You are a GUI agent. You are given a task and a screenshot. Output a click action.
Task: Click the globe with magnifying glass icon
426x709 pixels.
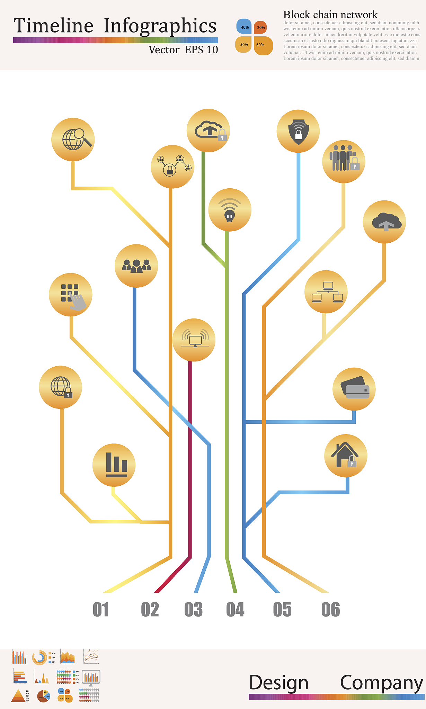tap(73, 140)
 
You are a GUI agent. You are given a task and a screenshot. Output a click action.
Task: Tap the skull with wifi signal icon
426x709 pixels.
tap(230, 210)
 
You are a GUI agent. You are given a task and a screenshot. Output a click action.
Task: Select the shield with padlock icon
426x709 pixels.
tap(298, 131)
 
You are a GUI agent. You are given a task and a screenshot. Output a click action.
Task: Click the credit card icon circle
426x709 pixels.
tap(354, 389)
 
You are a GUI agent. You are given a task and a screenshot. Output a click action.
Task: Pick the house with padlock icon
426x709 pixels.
tap(346, 456)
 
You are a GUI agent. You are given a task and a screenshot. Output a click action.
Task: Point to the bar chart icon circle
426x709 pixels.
tap(114, 465)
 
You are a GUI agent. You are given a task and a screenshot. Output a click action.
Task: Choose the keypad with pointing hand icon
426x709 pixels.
tap(71, 295)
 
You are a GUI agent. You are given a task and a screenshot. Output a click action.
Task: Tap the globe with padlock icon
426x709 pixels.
tap(61, 387)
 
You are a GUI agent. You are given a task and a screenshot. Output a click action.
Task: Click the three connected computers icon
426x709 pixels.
tap(326, 291)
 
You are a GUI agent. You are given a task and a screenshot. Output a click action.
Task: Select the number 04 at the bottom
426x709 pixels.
tap(235, 610)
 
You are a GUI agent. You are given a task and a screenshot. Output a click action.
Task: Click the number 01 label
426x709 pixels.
tap(101, 610)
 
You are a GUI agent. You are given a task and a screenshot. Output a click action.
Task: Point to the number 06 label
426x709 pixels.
tap(330, 610)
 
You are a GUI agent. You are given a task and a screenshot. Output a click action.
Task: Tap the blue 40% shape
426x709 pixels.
tap(244, 27)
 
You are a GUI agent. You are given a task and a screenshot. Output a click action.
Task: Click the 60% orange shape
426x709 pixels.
tap(263, 45)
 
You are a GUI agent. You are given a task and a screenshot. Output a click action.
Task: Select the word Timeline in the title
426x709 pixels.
tap(54, 26)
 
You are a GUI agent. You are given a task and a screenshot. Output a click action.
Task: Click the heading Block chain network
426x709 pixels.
tap(330, 15)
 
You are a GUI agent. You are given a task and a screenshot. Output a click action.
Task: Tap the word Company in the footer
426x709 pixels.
tap(381, 683)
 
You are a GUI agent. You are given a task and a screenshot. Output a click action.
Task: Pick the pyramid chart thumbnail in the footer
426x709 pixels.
tap(18, 695)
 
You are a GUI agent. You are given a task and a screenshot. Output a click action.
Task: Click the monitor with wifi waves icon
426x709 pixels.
tap(194, 340)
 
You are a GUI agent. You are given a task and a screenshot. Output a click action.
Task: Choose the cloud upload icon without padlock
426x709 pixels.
tap(384, 222)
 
